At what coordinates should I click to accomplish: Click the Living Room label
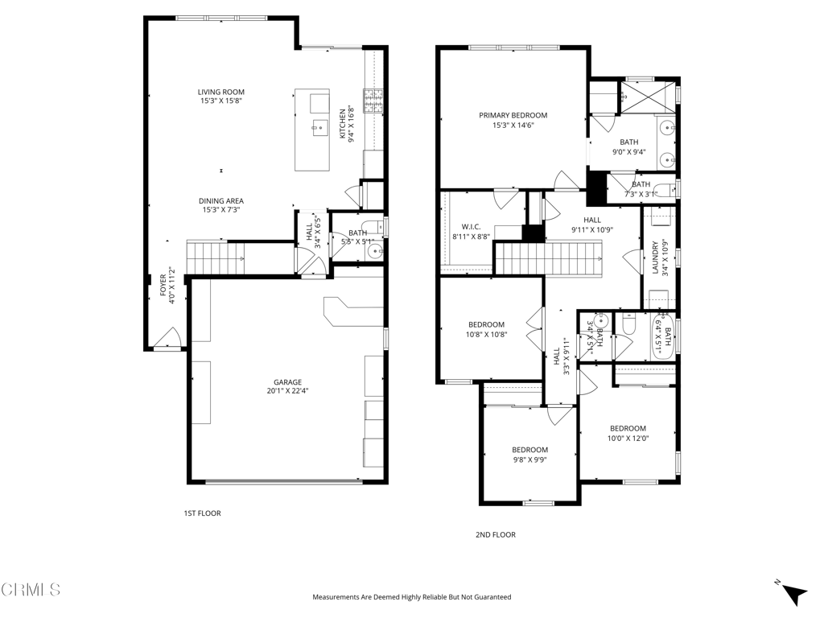[x=221, y=92]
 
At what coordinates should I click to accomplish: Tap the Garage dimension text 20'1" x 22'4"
[x=287, y=391]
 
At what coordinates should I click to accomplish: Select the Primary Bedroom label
[x=513, y=116]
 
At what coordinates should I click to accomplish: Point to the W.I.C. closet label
[x=472, y=227]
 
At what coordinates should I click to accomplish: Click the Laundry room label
[x=655, y=257]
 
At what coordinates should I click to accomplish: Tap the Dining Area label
[x=221, y=200]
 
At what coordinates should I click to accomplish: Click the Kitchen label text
[x=343, y=124]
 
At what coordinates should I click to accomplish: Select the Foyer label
[x=163, y=285]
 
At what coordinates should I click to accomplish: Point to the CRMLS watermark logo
[x=31, y=589]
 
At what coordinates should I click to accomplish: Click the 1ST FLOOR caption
[x=202, y=513]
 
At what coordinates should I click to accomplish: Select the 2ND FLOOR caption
[x=496, y=535]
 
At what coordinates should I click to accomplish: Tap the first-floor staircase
[x=216, y=258]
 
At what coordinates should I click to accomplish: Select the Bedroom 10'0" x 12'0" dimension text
[x=628, y=439]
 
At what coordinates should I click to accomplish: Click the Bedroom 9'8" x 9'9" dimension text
[x=529, y=459]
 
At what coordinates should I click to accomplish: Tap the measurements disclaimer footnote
[x=412, y=597]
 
